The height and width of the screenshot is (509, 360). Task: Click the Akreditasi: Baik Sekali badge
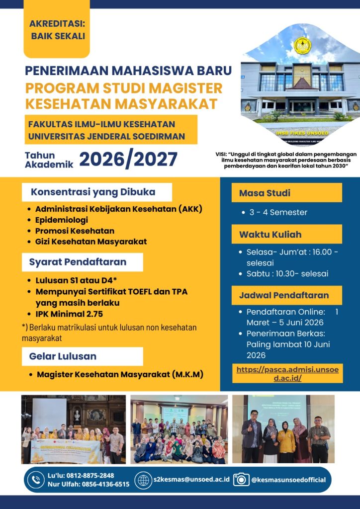coord(57,30)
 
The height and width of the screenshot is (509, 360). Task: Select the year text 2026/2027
coord(128,160)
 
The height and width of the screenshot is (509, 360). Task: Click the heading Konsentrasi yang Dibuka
coord(93,192)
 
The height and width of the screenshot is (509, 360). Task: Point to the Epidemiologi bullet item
coord(61,220)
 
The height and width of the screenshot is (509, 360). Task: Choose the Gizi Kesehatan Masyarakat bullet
coord(90,242)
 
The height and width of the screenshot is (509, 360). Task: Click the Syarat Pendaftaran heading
coord(78,262)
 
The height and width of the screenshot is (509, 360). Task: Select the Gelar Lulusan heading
coord(63,356)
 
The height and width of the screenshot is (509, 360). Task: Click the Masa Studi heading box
coord(286,193)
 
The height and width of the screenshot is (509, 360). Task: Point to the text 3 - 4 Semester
coord(277,212)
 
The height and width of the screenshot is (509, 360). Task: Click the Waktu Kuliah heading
coord(286,234)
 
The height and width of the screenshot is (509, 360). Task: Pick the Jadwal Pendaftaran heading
coord(286,295)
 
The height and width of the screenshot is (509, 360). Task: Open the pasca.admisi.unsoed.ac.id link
coord(287,374)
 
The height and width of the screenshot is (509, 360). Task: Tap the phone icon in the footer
coord(35,480)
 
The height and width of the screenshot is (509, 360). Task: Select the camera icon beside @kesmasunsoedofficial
coord(242,479)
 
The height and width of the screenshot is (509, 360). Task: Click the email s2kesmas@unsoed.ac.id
coord(191,480)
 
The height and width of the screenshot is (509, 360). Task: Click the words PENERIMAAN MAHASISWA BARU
coord(128,71)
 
